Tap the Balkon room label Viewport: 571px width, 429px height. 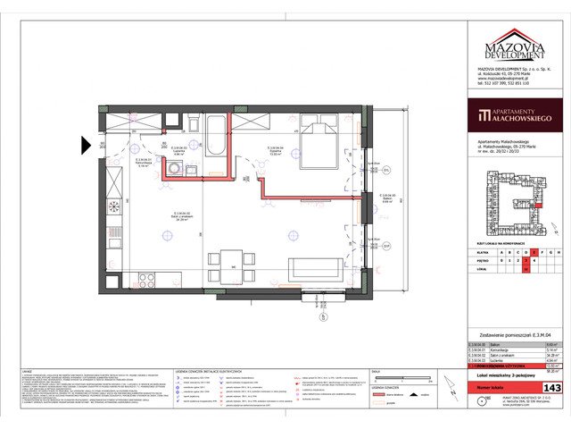click(x=386, y=174)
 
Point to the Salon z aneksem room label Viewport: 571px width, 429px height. click(x=186, y=215)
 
